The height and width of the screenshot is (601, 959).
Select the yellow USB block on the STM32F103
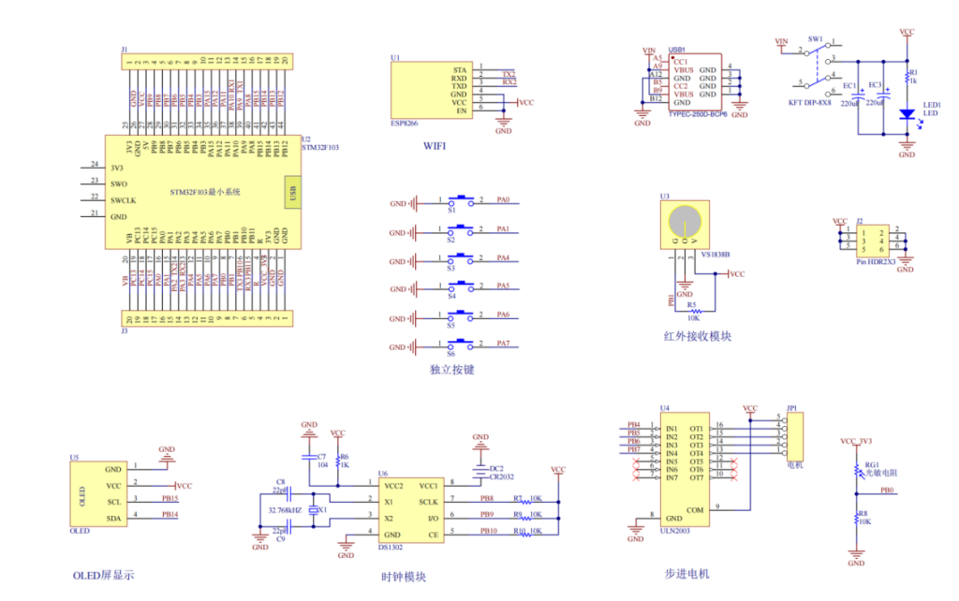pos(292,192)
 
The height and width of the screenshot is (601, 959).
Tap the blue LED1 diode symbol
pos(906,114)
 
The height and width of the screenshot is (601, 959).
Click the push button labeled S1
pos(461,200)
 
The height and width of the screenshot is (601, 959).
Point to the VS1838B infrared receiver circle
pos(685,222)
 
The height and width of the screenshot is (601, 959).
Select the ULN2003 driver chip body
pos(683,472)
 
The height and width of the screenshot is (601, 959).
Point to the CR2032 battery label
pos(501,477)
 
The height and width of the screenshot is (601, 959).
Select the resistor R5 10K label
pos(692,311)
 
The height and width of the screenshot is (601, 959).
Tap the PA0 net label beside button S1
pos(504,200)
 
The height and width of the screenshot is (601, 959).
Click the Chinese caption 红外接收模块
pos(695,336)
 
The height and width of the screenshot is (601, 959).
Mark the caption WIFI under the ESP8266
pos(435,147)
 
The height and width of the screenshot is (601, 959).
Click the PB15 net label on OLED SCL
pos(170,500)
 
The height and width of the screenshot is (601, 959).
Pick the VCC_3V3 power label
pos(855,441)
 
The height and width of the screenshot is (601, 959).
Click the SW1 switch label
pos(815,39)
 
